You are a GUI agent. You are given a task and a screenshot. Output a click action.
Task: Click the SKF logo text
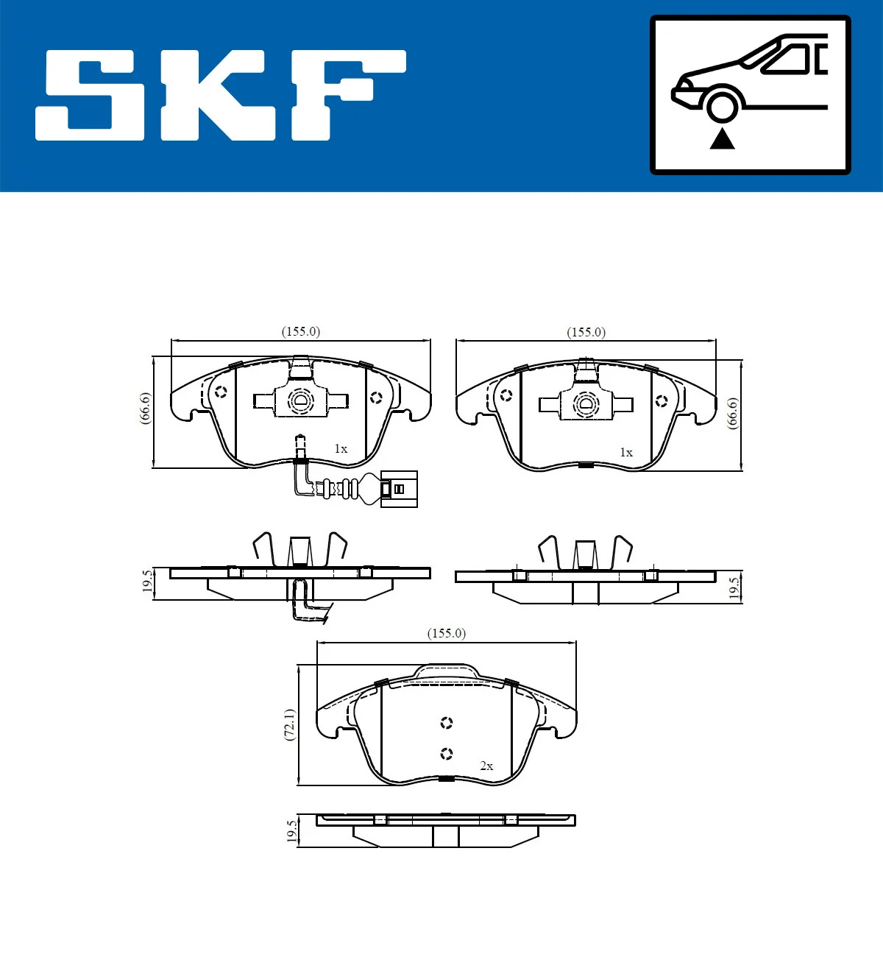tap(221, 96)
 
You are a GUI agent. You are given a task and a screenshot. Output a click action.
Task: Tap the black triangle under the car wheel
tap(722, 138)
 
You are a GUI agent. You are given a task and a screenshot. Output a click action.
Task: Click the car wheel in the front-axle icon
tap(722, 105)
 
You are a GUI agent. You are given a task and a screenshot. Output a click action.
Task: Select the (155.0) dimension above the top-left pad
tap(301, 331)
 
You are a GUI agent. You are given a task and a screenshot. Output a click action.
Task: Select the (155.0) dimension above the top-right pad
tap(586, 332)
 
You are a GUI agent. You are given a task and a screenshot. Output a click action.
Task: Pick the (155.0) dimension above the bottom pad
tap(447, 633)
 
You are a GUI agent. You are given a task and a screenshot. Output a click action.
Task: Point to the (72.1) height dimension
tap(290, 724)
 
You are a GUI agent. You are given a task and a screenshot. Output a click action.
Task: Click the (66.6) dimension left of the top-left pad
tap(145, 407)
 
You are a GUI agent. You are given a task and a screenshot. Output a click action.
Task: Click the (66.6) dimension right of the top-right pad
tap(732, 413)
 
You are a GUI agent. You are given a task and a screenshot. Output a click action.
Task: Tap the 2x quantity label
tap(486, 766)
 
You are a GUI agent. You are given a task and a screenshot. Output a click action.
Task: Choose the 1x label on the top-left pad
tap(341, 448)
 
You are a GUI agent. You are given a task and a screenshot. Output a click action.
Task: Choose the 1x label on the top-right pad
tap(626, 452)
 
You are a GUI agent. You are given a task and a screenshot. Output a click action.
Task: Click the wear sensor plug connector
tap(398, 489)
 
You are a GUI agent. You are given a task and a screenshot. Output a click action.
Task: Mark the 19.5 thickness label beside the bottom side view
tap(292, 831)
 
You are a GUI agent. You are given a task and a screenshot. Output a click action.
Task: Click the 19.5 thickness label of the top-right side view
tap(734, 587)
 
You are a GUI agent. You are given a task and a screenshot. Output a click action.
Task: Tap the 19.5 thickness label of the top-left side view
tap(147, 582)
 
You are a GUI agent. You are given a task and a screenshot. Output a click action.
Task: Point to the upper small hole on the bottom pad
tap(446, 723)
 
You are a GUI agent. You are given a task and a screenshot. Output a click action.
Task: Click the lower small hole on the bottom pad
tap(446, 753)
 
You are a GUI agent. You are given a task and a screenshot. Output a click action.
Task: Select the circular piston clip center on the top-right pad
tap(586, 404)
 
